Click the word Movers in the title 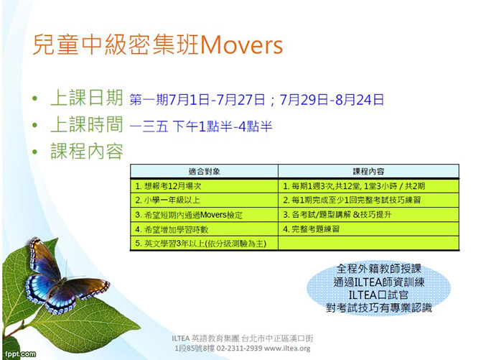(x=242, y=45)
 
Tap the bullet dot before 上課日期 (x=34, y=98)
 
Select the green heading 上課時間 (x=87, y=124)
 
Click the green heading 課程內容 (x=87, y=151)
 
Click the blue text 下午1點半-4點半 (x=223, y=126)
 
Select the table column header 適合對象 (x=205, y=171)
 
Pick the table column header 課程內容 (x=368, y=171)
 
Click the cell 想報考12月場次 (x=205, y=186)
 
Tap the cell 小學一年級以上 (x=205, y=200)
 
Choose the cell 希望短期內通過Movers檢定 (x=205, y=215)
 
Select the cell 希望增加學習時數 (x=205, y=229)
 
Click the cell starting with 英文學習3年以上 (x=205, y=244)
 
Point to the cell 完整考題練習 (x=368, y=229)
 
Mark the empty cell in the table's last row (x=368, y=244)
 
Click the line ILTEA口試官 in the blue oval (x=378, y=295)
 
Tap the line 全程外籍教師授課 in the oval (x=379, y=269)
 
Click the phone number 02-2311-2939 (x=239, y=349)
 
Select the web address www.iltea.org (x=287, y=349)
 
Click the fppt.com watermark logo (x=20, y=354)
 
